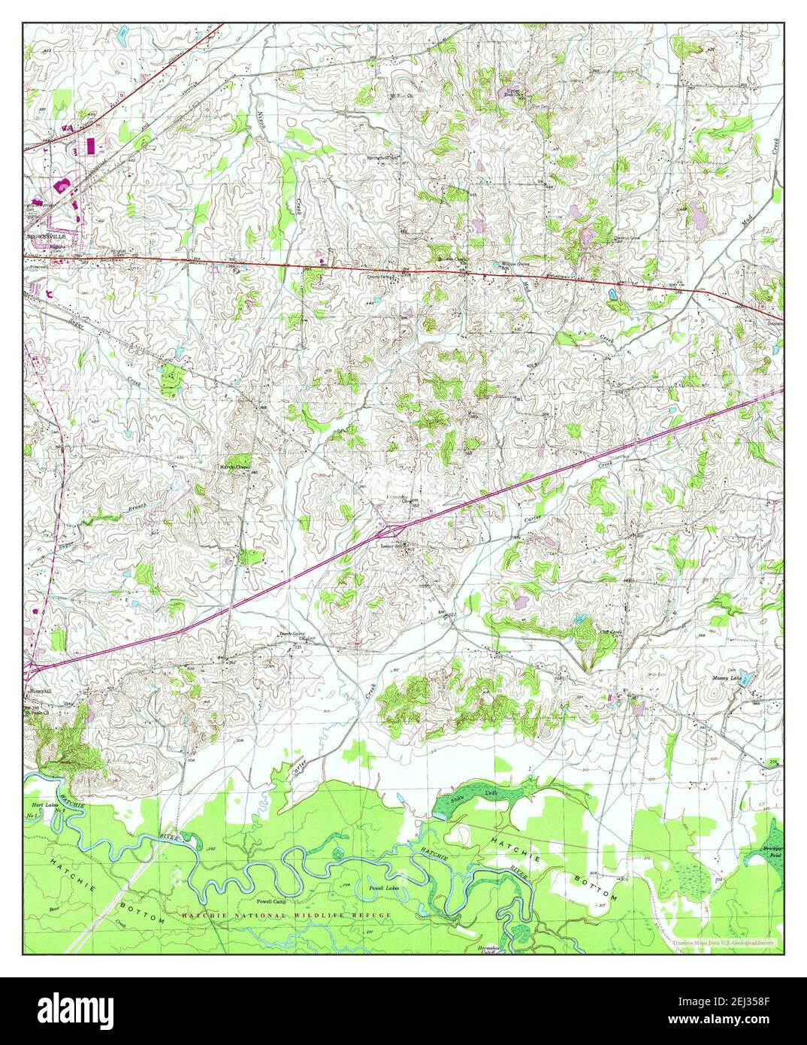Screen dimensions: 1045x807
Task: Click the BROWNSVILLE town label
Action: pyautogui.click(x=47, y=236)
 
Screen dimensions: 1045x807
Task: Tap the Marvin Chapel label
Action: pyautogui.click(x=234, y=467)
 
